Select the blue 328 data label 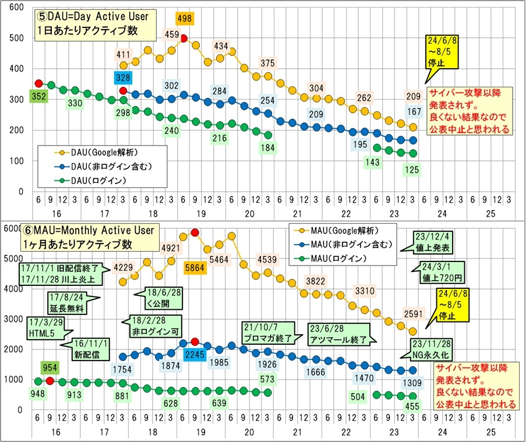click(x=123, y=77)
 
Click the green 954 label click(x=50, y=367)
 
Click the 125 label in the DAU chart click(x=412, y=170)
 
